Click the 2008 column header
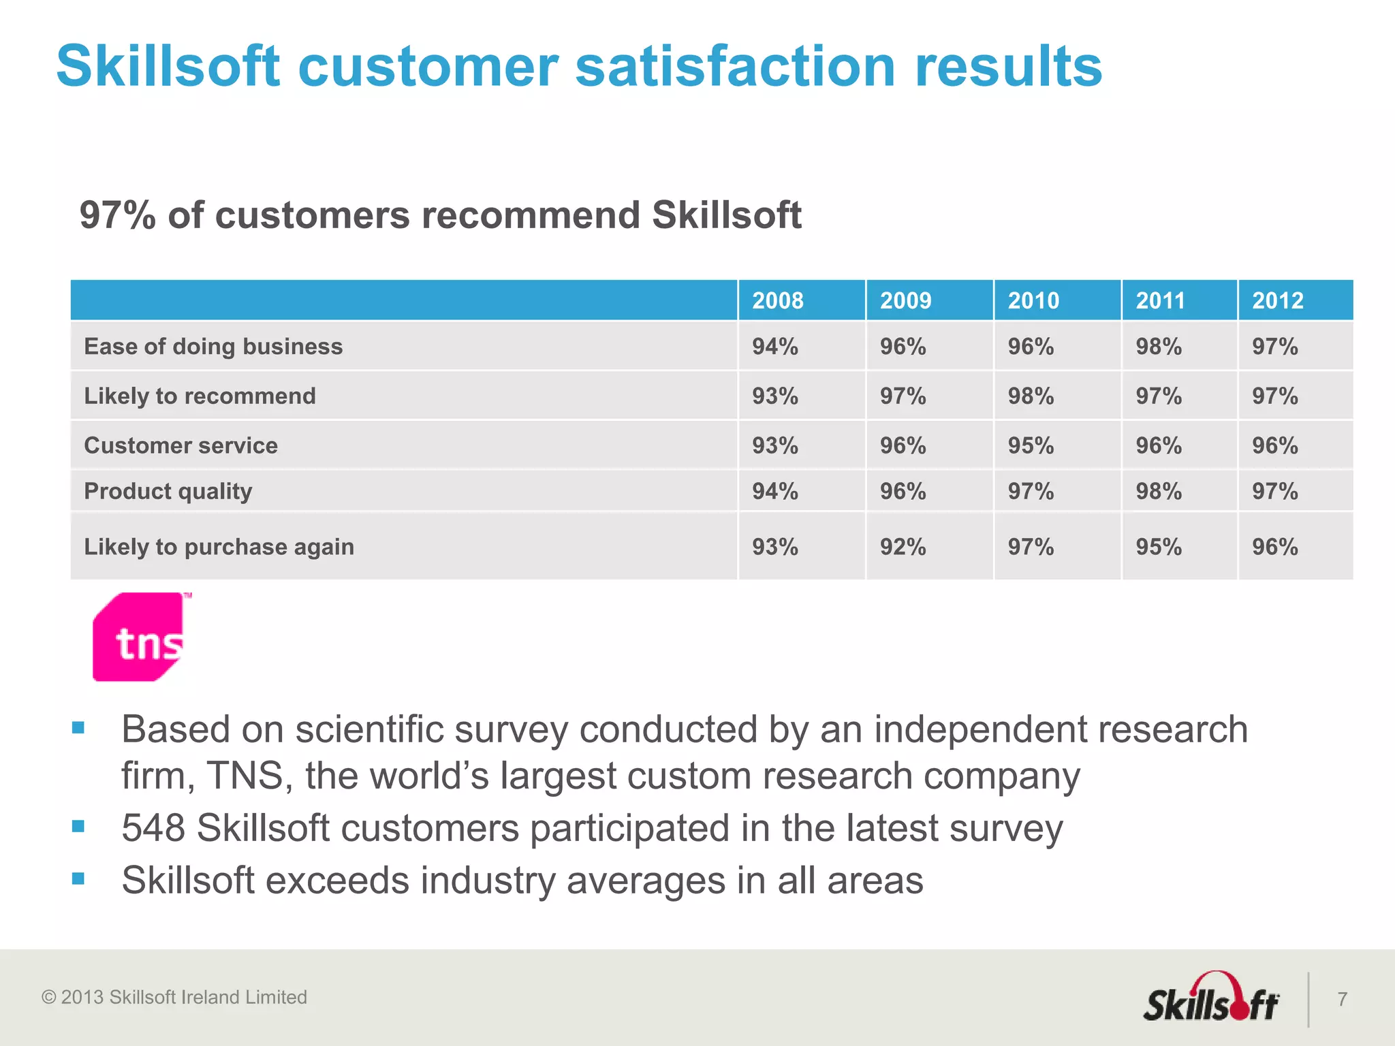click(777, 300)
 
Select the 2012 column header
click(1277, 300)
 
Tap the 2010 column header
click(1033, 300)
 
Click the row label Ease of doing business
click(213, 347)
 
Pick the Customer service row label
click(181, 445)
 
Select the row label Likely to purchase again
click(219, 547)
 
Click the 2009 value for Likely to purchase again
click(903, 547)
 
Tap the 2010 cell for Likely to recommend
click(1031, 396)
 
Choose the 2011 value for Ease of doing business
click(1158, 347)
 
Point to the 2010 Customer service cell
click(1031, 445)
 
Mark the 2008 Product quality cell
click(774, 491)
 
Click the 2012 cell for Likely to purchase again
click(1274, 547)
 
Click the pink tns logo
click(140, 637)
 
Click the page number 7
click(1342, 999)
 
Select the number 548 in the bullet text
click(153, 828)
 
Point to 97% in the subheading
click(117, 215)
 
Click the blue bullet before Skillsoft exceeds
click(78, 878)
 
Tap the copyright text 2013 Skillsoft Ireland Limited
click(174, 997)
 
